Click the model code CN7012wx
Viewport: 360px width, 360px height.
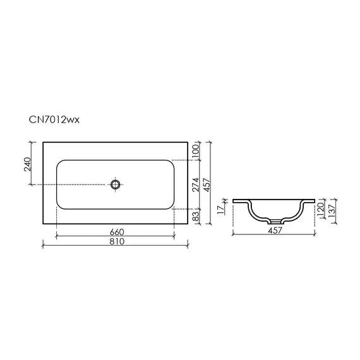coord(54,120)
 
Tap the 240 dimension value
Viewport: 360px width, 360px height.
coord(27,164)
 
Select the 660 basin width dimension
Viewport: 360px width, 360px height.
coord(117,232)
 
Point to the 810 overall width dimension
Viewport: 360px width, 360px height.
coord(117,241)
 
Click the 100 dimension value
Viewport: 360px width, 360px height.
coord(196,151)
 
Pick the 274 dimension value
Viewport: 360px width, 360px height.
coord(196,184)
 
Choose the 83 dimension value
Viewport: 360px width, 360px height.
coord(196,216)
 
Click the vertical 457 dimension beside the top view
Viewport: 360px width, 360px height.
coord(207,184)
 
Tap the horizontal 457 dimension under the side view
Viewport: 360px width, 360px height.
coord(275,231)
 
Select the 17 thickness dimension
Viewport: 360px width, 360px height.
coord(220,210)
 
